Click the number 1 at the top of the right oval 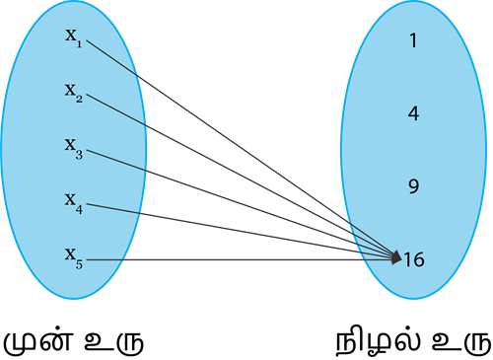pyautogui.click(x=413, y=41)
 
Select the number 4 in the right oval pyautogui.click(x=413, y=113)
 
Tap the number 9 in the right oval pyautogui.click(x=413, y=185)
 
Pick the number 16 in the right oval pyautogui.click(x=414, y=259)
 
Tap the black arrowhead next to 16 pyautogui.click(x=395, y=258)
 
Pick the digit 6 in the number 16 pyautogui.click(x=419, y=259)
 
